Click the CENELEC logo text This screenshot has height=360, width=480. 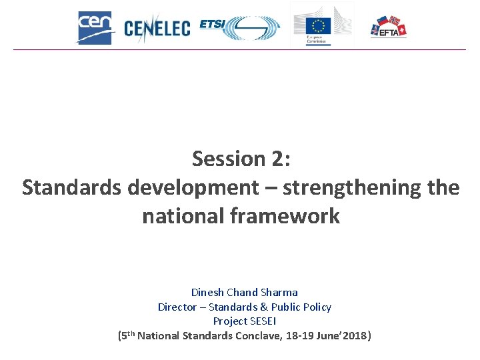click(157, 28)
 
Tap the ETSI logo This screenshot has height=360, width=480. click(239, 27)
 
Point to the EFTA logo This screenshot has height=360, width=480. click(389, 27)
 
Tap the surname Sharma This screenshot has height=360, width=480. click(279, 292)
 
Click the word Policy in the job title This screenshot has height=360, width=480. click(316, 307)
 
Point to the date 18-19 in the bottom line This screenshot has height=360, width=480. click(305, 335)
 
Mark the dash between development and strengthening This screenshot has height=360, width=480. click(271, 188)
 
